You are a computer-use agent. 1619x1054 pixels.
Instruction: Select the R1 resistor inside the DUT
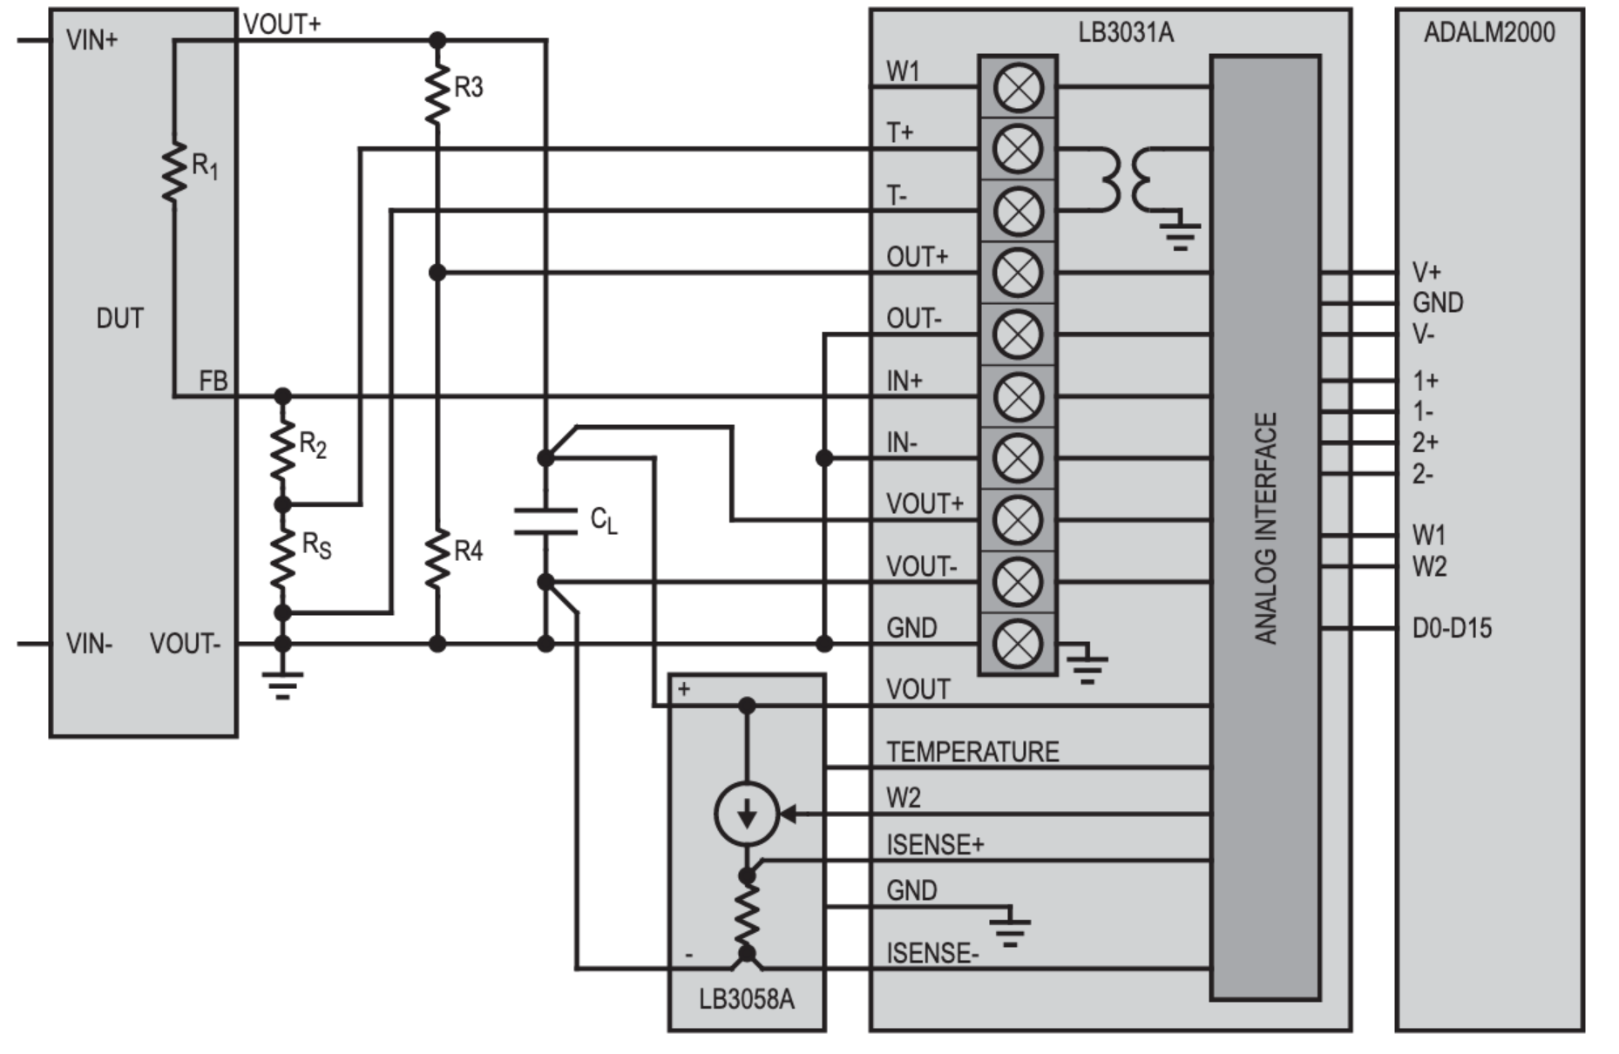pos(175,172)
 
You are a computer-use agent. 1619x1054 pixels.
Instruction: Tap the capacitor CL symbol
pos(545,520)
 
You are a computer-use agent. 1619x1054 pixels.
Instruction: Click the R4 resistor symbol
pos(437,557)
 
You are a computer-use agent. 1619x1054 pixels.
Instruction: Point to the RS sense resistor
pos(282,557)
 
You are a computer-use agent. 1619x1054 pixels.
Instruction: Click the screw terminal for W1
pos(1018,87)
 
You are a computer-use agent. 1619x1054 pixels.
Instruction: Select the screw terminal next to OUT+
pos(1018,273)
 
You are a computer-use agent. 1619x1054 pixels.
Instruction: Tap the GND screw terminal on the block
pos(1018,644)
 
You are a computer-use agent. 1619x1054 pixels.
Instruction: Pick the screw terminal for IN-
pos(1018,458)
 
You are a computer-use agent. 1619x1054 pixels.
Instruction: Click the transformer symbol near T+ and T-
pos(1131,179)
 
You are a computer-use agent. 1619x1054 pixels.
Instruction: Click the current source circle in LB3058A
pos(747,814)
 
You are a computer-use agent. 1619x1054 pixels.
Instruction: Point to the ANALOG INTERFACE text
pos(1265,528)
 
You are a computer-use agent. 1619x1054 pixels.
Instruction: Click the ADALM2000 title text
pos(1488,33)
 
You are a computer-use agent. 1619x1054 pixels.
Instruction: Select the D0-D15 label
pos(1452,628)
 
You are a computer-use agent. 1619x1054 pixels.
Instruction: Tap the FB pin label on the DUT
pos(213,381)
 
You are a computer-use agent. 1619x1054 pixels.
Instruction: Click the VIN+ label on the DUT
pos(91,40)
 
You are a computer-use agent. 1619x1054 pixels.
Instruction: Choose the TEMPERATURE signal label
pos(972,752)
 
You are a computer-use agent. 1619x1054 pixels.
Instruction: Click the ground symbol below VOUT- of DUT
pos(282,684)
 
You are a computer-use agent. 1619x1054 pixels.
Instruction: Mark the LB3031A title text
pos(1126,33)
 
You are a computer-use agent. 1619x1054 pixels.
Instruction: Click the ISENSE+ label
pos(935,844)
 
